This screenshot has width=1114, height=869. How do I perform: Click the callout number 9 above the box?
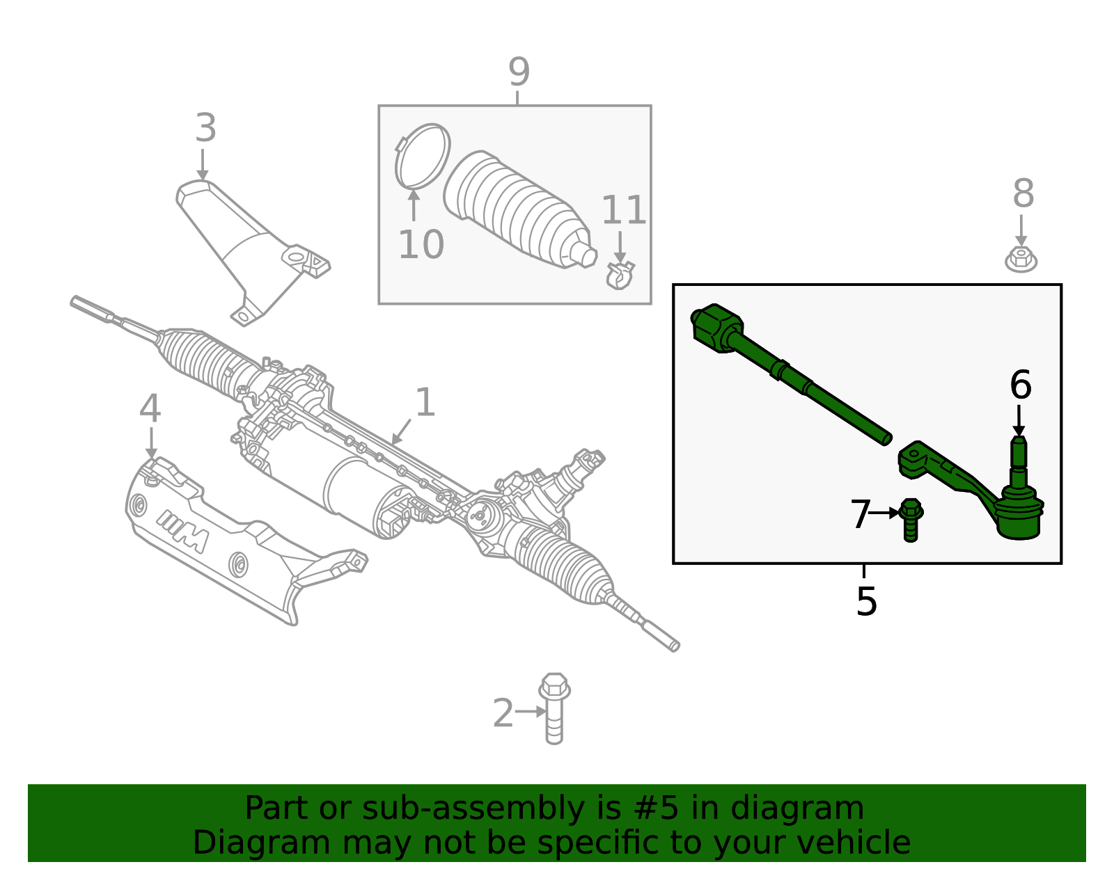519,72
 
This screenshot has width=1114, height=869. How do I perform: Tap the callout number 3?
205,129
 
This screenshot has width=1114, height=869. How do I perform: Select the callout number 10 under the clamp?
421,245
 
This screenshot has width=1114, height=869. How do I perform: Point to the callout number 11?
624,210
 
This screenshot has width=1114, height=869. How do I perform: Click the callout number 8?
1023,194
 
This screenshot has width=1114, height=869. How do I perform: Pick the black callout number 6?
1020,385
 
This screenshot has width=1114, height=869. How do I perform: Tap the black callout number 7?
861,515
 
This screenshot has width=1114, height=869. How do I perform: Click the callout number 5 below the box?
866,601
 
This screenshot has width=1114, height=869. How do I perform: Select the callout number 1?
425,404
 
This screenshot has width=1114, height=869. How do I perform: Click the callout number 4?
150,409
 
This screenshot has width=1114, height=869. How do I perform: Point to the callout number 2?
503,714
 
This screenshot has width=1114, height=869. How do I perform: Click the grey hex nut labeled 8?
1021,260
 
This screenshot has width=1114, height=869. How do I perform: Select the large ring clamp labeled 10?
423,156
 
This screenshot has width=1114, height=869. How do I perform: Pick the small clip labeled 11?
620,276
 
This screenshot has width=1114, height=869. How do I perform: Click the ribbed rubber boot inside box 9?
515,209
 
